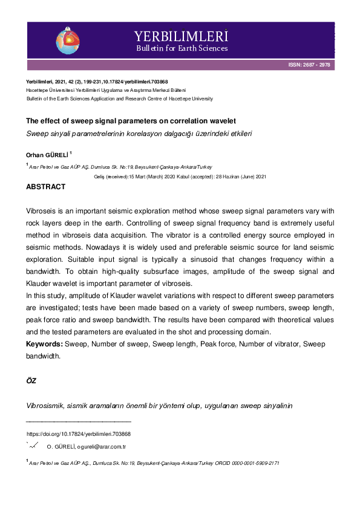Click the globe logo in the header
(x=67, y=40)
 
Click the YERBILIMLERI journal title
(x=182, y=36)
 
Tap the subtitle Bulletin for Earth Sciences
(x=182, y=48)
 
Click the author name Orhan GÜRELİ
(x=47, y=154)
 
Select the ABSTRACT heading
(x=45, y=187)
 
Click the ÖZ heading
(x=31, y=381)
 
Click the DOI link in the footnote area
(x=79, y=434)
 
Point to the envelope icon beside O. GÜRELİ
(x=32, y=446)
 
